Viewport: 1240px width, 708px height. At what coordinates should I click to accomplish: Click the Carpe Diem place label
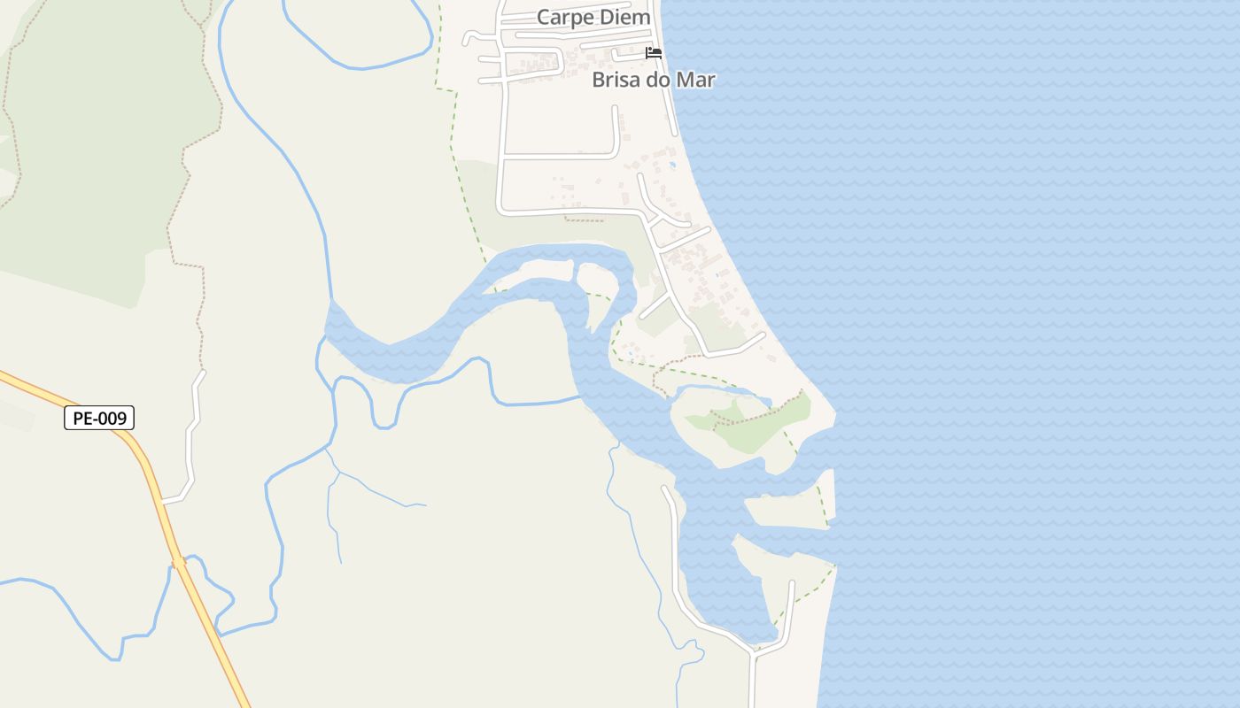point(593,18)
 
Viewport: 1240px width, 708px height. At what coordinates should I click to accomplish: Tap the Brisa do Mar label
point(653,80)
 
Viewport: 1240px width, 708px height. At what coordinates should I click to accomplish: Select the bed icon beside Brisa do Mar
point(654,54)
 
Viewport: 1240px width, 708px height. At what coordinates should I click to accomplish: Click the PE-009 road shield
point(99,418)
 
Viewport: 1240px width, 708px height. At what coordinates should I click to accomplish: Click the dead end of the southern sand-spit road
point(792,583)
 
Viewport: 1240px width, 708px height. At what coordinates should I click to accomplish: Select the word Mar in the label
point(695,80)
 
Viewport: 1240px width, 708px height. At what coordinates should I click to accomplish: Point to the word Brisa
point(614,80)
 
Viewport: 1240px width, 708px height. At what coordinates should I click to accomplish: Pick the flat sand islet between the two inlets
point(787,510)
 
